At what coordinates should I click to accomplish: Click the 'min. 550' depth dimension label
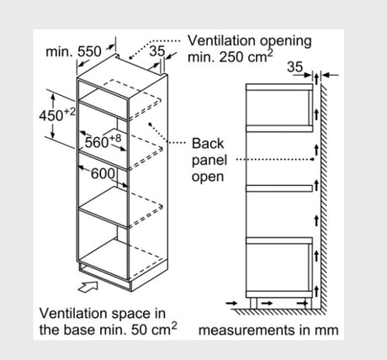73,51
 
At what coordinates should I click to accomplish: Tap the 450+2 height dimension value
57,114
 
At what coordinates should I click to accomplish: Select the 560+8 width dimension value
103,141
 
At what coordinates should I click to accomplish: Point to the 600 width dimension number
103,174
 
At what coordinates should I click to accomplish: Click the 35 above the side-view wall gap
295,67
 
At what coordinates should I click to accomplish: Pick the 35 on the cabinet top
157,51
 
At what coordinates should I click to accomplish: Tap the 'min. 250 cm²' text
230,57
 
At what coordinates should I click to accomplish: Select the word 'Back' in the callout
208,143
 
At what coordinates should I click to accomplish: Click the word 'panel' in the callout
209,161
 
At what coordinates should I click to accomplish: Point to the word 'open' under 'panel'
208,177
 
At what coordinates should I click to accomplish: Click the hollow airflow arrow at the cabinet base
88,287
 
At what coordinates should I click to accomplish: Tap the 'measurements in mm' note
268,330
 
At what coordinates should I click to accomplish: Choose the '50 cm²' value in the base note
154,329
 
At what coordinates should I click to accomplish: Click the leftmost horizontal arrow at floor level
232,303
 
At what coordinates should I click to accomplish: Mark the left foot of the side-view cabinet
253,303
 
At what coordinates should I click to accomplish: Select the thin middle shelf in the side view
279,188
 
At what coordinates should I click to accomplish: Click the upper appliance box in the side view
279,108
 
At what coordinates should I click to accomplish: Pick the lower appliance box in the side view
279,267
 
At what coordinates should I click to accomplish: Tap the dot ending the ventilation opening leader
130,58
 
